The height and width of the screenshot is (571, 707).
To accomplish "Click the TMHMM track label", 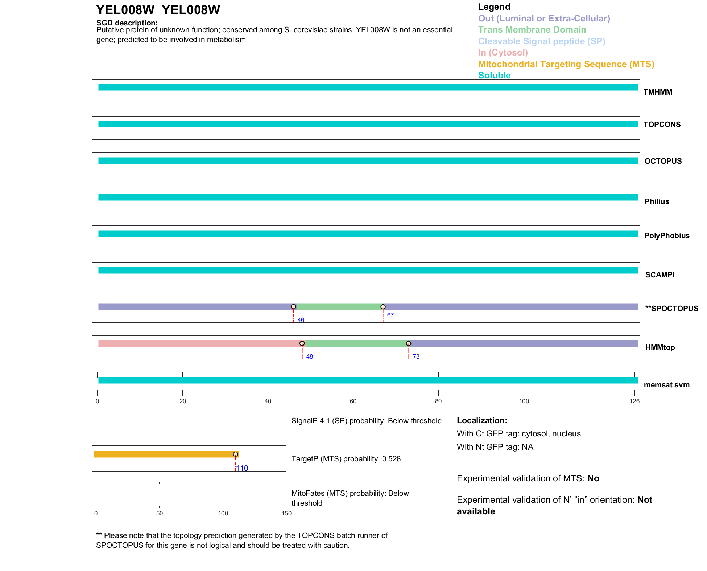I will [657, 92].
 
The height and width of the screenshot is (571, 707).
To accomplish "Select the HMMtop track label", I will [660, 347].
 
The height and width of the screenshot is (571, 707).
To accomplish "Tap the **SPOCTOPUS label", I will [671, 309].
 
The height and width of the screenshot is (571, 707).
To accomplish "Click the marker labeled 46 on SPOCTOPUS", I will [294, 307].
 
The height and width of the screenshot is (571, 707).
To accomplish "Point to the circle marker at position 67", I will [383, 307].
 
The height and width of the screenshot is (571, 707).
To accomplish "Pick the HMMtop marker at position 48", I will [302, 343].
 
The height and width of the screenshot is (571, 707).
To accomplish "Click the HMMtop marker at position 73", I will [409, 343].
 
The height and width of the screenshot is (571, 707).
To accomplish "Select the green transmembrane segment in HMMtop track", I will [355, 343].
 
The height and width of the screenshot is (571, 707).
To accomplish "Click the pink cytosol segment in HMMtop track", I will [199, 343].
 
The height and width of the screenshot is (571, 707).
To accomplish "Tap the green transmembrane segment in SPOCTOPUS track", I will [338, 307].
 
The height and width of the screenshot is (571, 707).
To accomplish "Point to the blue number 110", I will [242, 468].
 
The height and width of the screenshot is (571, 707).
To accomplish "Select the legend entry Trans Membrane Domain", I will [532, 30].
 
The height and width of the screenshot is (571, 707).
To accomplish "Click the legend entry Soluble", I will [494, 76].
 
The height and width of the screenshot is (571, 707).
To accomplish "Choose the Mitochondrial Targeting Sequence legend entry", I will [566, 64].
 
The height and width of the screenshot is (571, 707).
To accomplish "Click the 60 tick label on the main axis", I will [353, 401].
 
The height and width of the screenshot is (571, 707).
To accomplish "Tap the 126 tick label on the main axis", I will [634, 401].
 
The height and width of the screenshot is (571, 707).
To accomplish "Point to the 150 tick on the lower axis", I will [286, 513].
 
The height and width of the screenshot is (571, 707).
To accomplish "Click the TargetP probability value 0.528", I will [391, 459].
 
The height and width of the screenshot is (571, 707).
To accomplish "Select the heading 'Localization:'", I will [481, 420].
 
